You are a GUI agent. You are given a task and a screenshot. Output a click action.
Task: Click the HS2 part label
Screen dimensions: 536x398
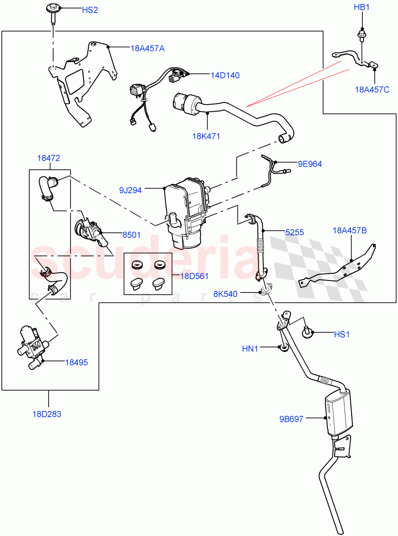(x=89, y=10)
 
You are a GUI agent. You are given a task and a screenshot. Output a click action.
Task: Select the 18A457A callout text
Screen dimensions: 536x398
(x=147, y=48)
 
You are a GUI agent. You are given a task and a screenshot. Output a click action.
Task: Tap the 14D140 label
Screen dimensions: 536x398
(x=225, y=75)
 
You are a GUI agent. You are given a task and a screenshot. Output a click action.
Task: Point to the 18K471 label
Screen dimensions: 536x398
(x=206, y=136)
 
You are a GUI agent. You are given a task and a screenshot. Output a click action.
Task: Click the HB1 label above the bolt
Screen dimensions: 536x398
(x=362, y=8)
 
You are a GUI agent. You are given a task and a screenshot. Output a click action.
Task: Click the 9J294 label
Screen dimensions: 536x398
(x=130, y=190)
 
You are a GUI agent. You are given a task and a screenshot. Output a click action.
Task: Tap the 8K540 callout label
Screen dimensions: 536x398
(x=225, y=293)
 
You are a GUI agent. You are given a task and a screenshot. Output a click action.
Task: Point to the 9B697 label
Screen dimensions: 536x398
(x=291, y=419)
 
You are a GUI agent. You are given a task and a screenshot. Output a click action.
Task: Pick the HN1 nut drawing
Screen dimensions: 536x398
(x=282, y=347)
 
